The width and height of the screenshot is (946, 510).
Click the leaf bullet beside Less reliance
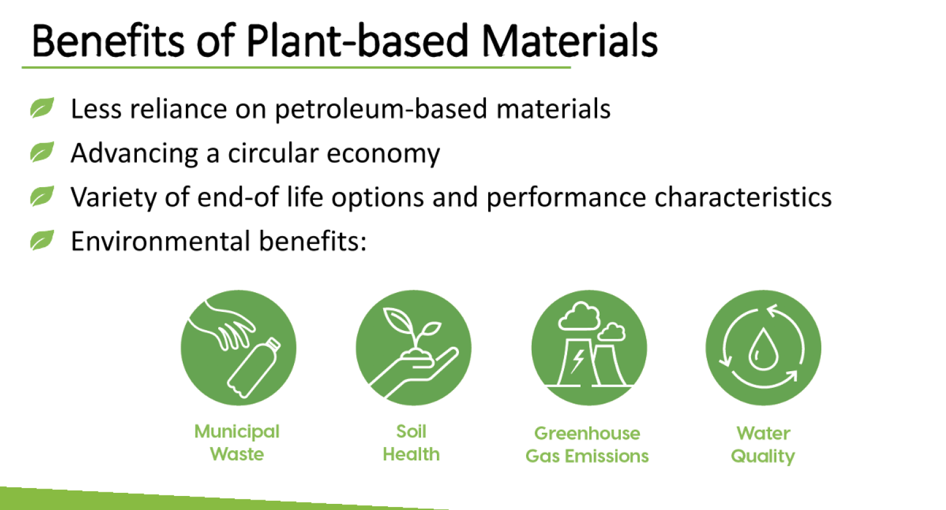tap(42, 108)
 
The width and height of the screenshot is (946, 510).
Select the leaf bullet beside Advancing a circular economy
tap(42, 152)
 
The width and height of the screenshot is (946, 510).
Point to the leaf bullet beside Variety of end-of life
tap(42, 197)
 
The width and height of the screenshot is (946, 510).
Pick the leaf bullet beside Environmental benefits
tap(42, 241)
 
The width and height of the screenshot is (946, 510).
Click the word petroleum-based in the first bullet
tap(381, 109)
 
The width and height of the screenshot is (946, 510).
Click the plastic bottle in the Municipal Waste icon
tap(253, 368)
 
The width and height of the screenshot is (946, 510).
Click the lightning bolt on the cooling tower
tap(577, 361)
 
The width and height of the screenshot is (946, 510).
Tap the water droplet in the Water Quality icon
tap(763, 350)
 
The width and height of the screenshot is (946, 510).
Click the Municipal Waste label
tap(237, 443)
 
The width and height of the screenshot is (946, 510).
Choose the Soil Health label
tap(411, 443)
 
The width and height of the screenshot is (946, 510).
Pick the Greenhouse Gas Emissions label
tap(587, 445)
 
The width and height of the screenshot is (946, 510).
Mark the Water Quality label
tap(763, 445)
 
